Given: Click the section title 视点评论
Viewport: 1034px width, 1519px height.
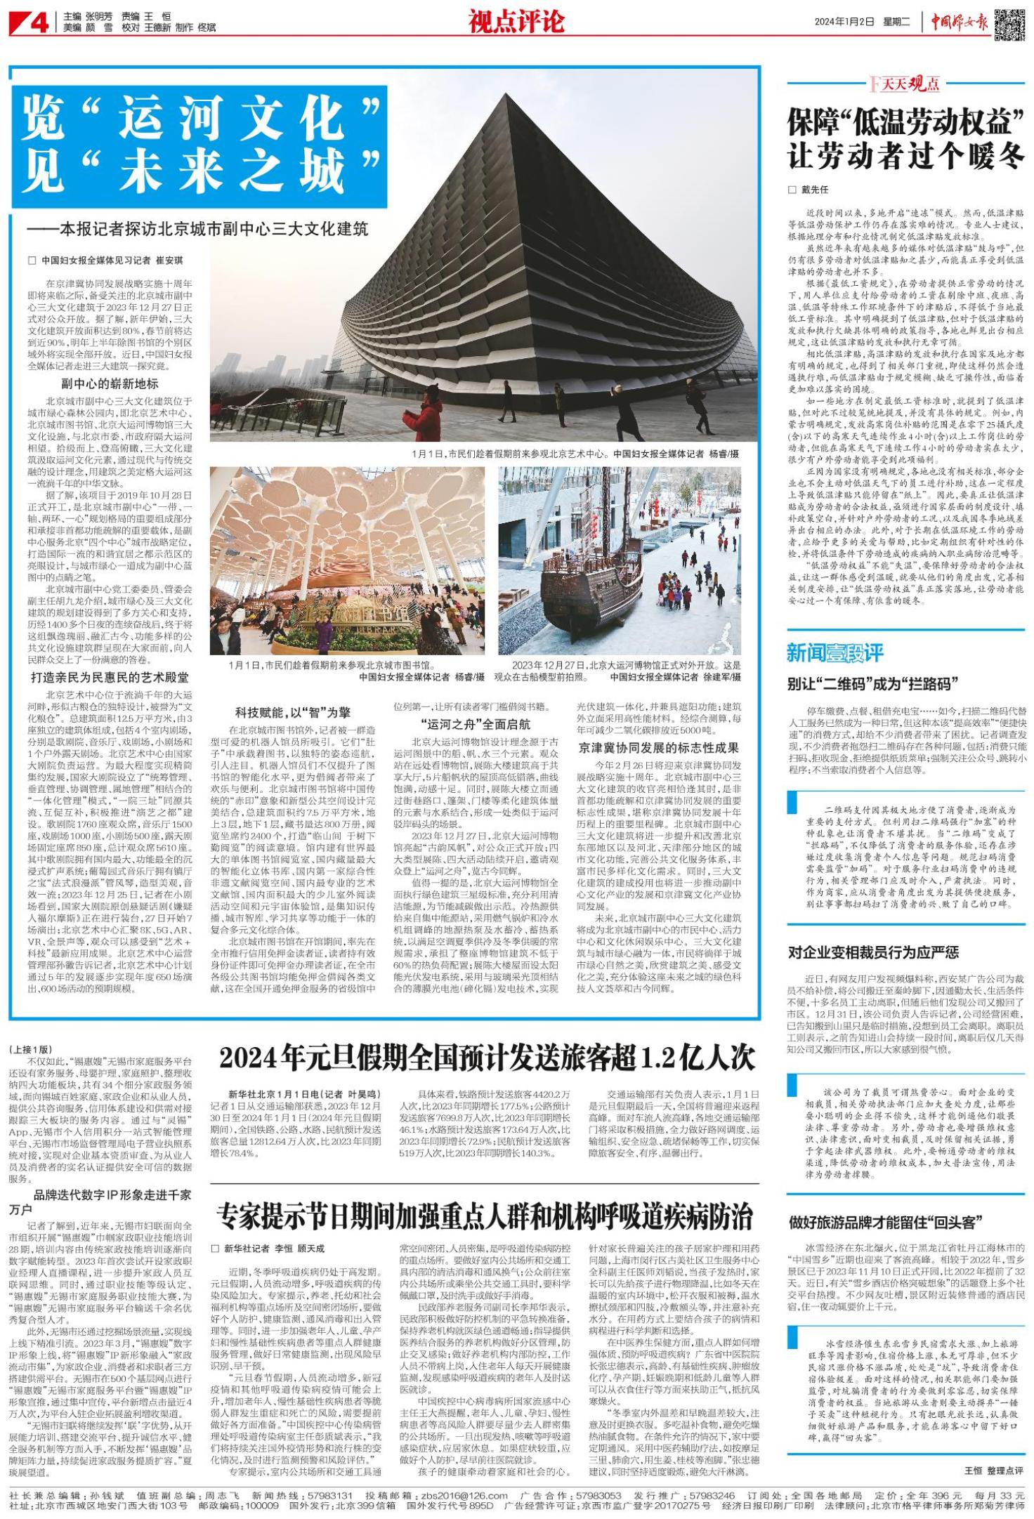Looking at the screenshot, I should point(516,22).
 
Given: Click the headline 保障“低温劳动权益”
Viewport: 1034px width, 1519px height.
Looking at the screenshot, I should point(905,124).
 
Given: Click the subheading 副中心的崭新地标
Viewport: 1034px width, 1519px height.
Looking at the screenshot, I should point(109,383).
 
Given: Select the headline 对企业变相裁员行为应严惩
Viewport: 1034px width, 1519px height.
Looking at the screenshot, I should point(873,952).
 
